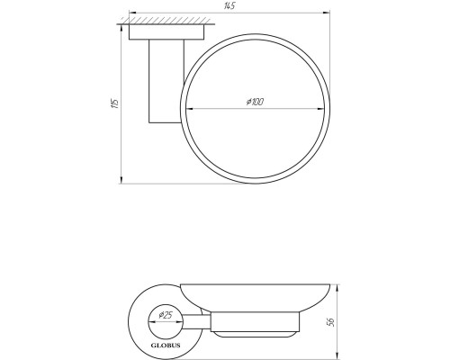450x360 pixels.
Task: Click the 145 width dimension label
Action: coord(229,6)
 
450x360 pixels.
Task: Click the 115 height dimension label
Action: coord(115,103)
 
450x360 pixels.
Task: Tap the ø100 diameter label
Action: coord(255,102)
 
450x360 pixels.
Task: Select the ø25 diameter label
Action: coord(166,315)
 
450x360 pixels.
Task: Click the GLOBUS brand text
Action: coord(166,346)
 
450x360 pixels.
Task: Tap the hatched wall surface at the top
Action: coord(166,21)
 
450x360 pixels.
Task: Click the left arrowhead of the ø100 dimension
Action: coord(190,109)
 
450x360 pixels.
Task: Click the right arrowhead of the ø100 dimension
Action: coord(320,109)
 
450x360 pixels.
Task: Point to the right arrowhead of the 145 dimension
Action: coord(326,13)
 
